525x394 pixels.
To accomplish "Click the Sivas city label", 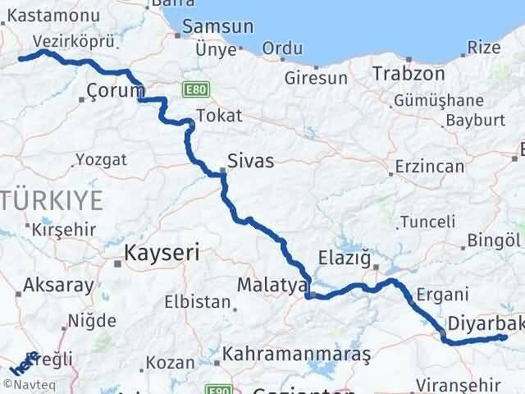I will [x=251, y=163].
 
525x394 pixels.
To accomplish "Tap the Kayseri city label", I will [x=162, y=254].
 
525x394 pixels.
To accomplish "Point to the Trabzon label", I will [x=409, y=74].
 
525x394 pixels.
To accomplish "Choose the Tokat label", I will [x=219, y=116].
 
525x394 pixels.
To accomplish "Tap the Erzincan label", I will [x=430, y=167].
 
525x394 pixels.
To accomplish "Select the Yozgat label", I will [x=101, y=159].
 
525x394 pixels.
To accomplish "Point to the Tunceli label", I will [x=428, y=222].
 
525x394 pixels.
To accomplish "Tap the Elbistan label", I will [x=197, y=301].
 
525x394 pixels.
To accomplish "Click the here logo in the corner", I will [x=22, y=363].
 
